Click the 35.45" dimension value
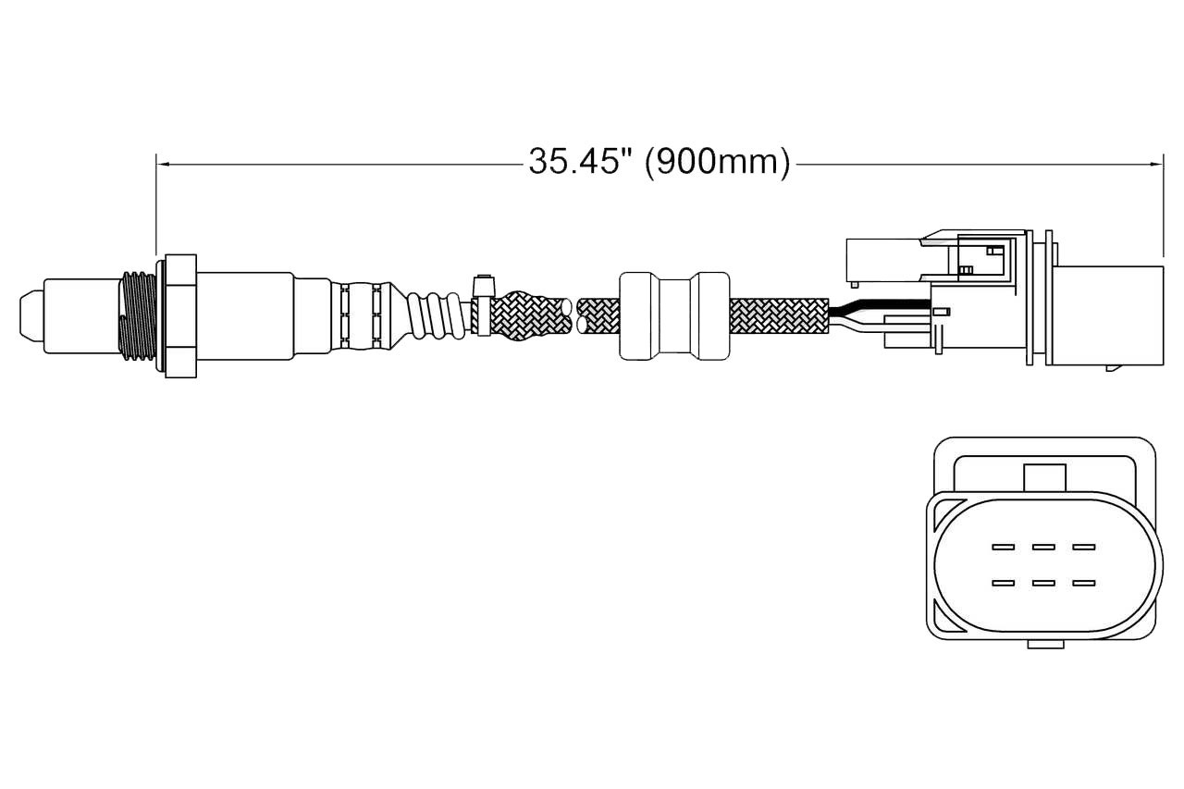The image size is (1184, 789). [x=581, y=161]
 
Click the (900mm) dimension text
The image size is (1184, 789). [x=718, y=162]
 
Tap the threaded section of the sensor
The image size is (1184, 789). [x=138, y=316]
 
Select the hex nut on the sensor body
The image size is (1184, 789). [x=180, y=316]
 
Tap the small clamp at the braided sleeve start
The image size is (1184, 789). [x=484, y=305]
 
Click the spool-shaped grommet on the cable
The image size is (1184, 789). [x=674, y=316]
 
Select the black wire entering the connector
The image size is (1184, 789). [x=879, y=305]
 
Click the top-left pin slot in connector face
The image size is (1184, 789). [x=1003, y=547]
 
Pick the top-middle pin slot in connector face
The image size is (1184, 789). [x=1043, y=547]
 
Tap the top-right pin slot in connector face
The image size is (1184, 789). [x=1083, y=547]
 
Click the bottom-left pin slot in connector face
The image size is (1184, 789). [x=1003, y=584]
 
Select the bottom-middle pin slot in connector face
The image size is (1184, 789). [x=1043, y=584]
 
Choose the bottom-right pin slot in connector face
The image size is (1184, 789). [x=1083, y=584]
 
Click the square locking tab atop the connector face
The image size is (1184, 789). [x=1045, y=477]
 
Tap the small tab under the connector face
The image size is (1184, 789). [x=1045, y=644]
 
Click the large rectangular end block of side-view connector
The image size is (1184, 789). [x=1108, y=315]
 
